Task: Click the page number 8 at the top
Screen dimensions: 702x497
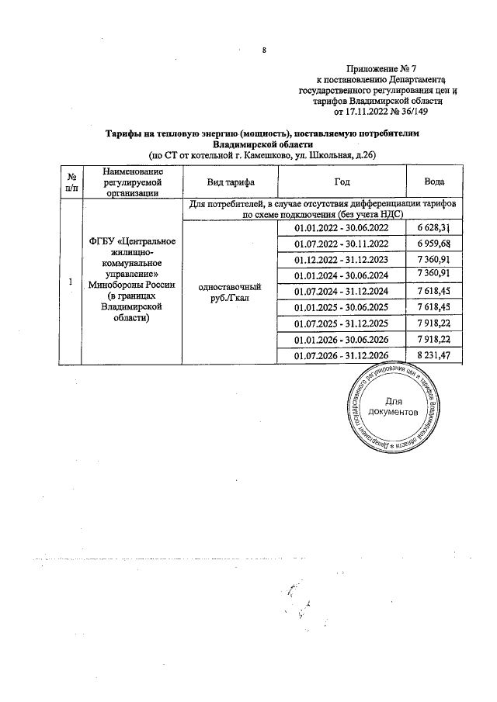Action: point(265,51)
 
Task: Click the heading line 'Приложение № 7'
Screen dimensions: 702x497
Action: point(382,69)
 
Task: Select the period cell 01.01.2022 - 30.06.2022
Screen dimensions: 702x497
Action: point(341,227)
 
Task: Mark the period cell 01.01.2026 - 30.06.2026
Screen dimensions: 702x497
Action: point(341,339)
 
